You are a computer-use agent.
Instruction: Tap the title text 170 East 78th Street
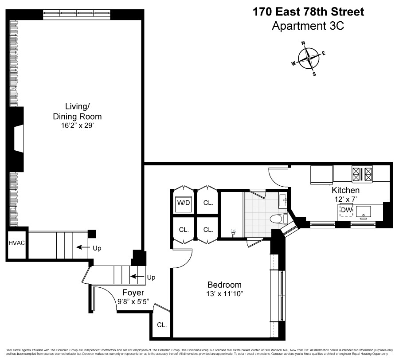308,12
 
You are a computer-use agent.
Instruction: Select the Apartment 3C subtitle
308,26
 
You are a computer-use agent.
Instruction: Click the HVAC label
16,243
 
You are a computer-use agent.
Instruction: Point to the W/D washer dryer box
183,203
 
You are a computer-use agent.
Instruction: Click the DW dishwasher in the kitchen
346,209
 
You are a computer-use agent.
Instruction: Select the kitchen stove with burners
362,174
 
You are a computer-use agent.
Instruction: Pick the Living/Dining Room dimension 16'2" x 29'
83,125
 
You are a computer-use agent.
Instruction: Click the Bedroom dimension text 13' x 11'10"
225,293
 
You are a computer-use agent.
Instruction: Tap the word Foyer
133,293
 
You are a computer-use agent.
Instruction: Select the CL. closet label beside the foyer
162,325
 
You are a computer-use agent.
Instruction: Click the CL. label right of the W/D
208,203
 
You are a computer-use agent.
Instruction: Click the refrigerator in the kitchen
321,174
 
